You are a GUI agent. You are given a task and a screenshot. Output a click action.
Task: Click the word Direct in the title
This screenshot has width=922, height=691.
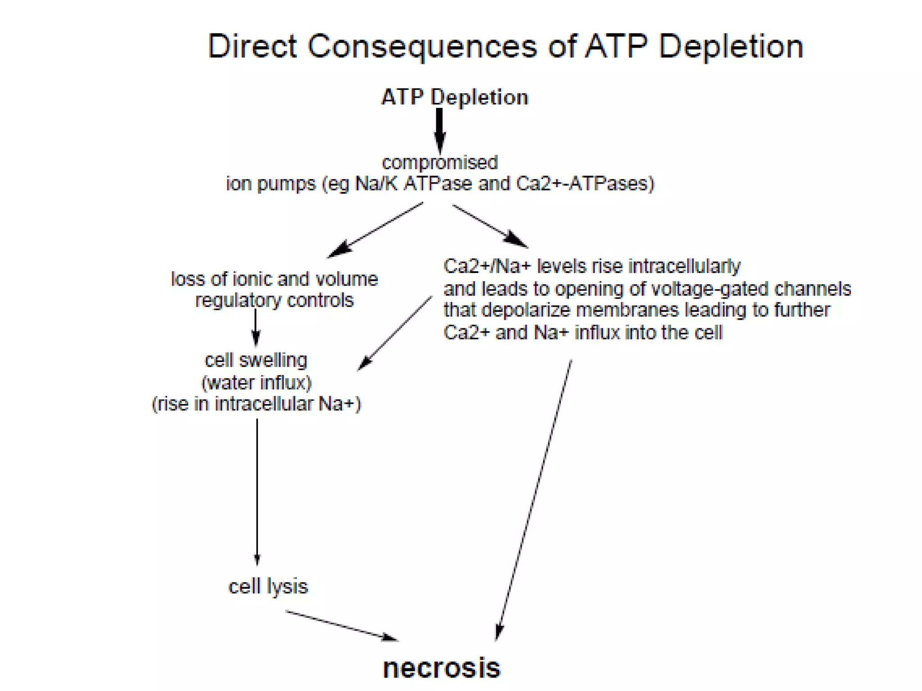click(252, 46)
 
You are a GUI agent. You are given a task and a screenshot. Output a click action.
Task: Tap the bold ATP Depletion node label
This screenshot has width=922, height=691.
click(454, 97)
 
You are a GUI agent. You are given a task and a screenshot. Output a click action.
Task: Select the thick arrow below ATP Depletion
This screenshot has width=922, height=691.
click(439, 130)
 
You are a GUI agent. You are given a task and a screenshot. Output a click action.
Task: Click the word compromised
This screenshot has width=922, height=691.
click(440, 162)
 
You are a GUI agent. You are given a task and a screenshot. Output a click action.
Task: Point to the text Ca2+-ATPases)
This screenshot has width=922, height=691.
click(585, 184)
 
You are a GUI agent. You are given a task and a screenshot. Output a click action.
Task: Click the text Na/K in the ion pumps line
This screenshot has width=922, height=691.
click(376, 184)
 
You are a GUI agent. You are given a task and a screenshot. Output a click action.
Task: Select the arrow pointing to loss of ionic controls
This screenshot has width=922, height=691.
click(375, 230)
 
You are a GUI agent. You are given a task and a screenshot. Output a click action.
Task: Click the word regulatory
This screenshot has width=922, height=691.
click(238, 301)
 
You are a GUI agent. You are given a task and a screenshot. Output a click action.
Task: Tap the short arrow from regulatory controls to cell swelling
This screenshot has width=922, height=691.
click(256, 328)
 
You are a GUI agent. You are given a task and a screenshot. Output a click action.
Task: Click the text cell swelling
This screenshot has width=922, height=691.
click(256, 360)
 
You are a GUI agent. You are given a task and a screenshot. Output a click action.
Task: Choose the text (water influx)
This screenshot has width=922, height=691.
click(256, 383)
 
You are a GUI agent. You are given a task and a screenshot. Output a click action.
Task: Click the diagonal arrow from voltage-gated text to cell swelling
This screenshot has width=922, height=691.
click(395, 333)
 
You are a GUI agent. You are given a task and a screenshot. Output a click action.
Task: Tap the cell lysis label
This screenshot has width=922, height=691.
click(268, 587)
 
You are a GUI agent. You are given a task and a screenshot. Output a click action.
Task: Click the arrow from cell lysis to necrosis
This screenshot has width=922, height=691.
click(342, 626)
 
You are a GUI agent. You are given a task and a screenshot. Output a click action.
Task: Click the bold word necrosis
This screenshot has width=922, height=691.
click(441, 668)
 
